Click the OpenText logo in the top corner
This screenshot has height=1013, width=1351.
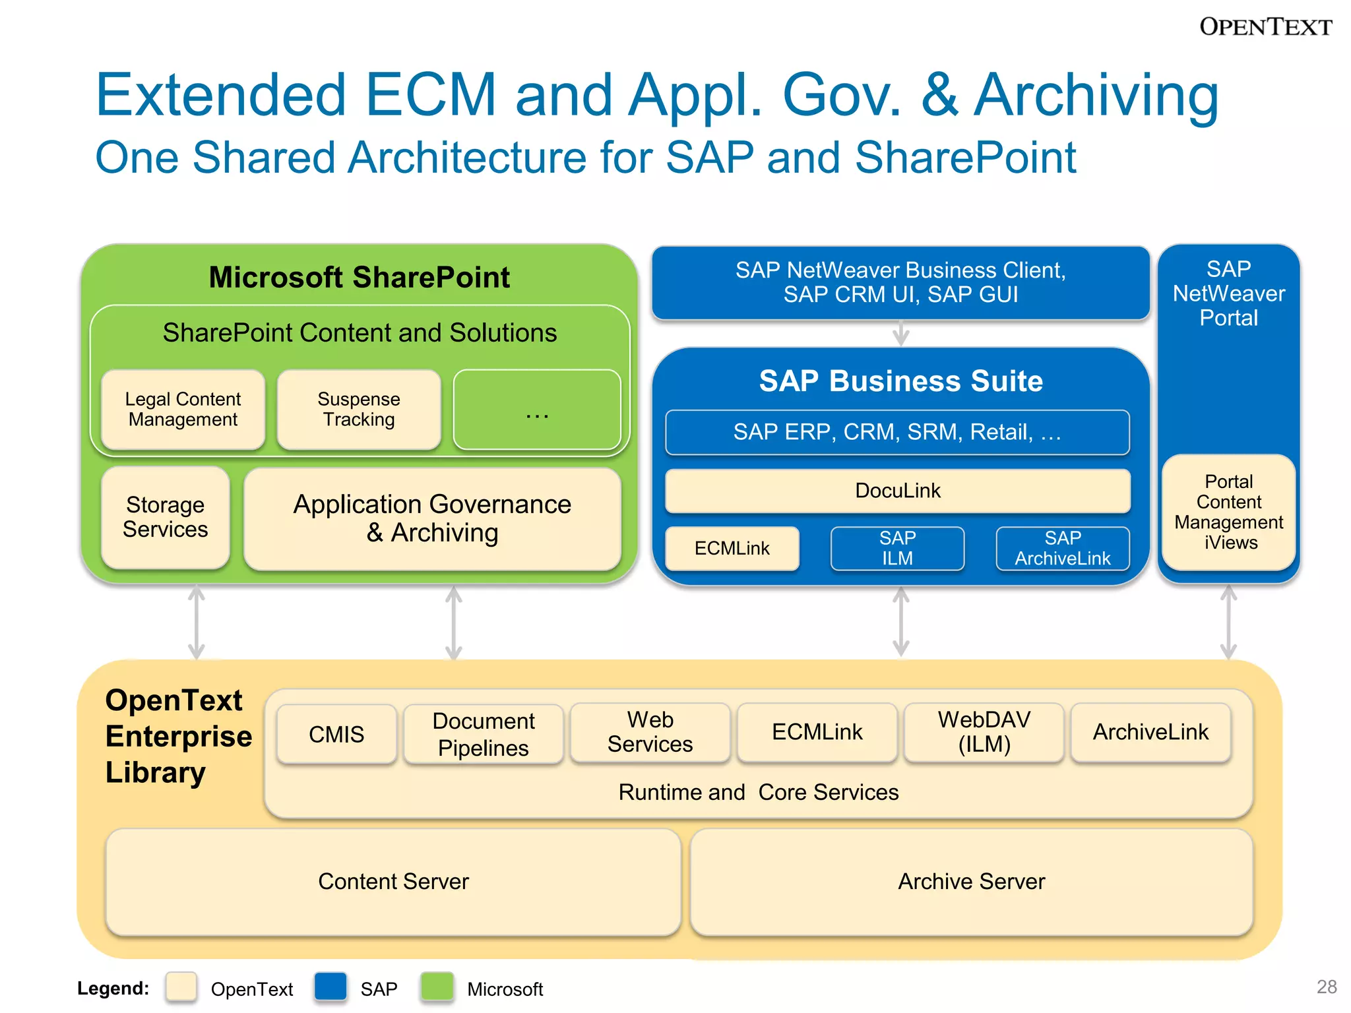click(x=1265, y=27)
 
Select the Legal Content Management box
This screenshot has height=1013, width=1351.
click(x=183, y=410)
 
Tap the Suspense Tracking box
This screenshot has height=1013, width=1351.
click(x=359, y=410)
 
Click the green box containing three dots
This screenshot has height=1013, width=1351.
click(x=537, y=410)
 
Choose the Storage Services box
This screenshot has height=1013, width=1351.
click(x=165, y=518)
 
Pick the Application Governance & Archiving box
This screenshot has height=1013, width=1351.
click(x=432, y=519)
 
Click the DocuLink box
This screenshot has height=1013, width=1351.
click(x=897, y=491)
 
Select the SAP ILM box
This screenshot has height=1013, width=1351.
click(x=897, y=548)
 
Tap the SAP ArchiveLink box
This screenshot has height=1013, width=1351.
click(x=1062, y=548)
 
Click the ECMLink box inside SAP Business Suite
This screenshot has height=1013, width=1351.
click(x=732, y=548)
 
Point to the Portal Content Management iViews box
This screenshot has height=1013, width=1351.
click(x=1228, y=512)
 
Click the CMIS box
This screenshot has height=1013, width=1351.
click(x=336, y=734)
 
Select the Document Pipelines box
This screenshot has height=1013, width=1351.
click(x=483, y=734)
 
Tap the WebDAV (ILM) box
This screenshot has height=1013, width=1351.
click(x=984, y=732)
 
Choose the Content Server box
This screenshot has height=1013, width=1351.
click(x=393, y=882)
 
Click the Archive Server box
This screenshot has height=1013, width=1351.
click(x=971, y=882)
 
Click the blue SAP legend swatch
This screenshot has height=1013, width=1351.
click(x=330, y=987)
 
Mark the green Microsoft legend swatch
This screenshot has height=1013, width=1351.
click(x=437, y=987)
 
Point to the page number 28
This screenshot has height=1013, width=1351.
click(x=1326, y=987)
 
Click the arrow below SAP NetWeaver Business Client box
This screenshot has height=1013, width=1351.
click(x=900, y=334)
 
